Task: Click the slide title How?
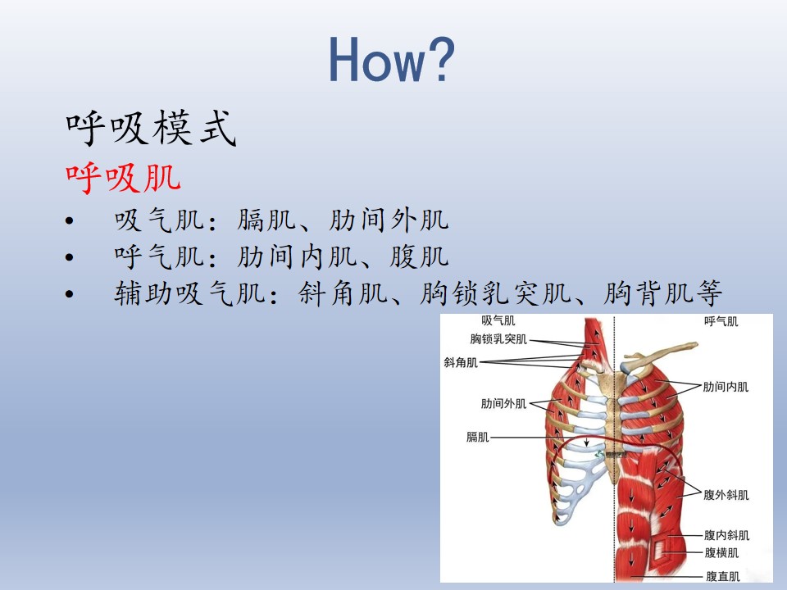(392, 59)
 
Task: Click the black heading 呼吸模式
(151, 128)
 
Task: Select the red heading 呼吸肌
(123, 178)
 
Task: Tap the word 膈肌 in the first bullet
(266, 220)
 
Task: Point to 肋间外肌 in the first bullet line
(389, 220)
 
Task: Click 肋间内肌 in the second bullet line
(297, 256)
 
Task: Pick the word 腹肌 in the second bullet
(419, 256)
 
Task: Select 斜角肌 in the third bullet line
(343, 293)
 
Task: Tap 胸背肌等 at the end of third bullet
(662, 293)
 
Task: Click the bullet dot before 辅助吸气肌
(69, 294)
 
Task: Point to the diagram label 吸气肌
(498, 320)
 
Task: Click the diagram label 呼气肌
(721, 321)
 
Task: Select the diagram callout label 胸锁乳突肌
(498, 339)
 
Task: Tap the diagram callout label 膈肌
(477, 437)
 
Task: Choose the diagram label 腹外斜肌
(726, 495)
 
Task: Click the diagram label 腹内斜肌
(727, 535)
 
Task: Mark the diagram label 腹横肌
(721, 553)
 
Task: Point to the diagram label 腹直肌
(723, 576)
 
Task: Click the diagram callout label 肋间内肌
(726, 387)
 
